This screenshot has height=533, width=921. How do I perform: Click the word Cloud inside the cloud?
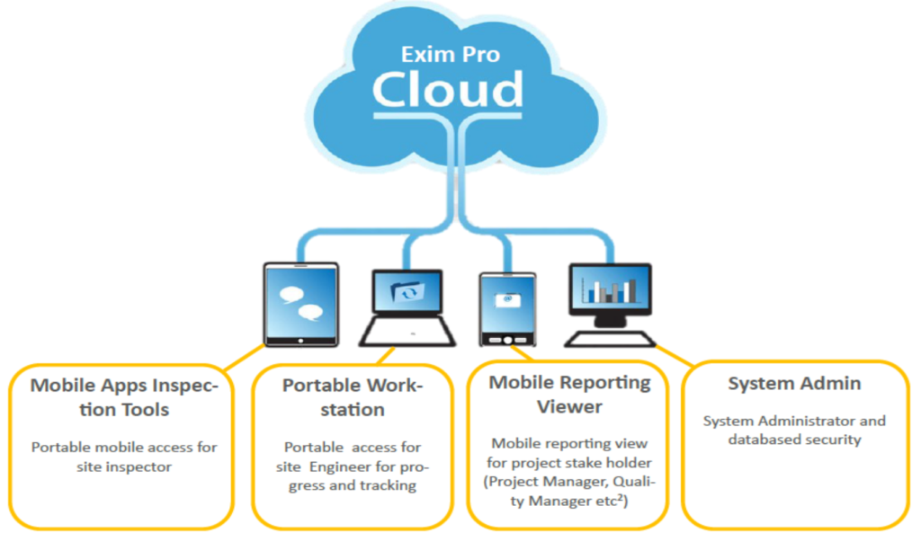[448, 88]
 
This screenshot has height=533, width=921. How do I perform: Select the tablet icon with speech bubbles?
[300, 304]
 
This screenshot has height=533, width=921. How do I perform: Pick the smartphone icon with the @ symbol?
[508, 308]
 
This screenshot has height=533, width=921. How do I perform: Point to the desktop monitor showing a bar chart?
[609, 297]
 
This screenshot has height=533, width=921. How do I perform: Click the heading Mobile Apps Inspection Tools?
[124, 397]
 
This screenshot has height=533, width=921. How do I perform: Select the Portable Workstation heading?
[352, 397]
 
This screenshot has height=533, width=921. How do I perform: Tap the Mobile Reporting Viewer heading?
[569, 394]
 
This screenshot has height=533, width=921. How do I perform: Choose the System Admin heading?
[794, 384]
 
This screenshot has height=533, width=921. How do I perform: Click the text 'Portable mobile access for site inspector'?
[124, 457]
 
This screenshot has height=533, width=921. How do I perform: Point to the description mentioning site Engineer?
[352, 466]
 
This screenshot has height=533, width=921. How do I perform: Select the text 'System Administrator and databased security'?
[794, 430]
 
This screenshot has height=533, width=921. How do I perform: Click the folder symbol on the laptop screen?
[407, 292]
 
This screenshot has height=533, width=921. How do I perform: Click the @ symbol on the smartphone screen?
[508, 298]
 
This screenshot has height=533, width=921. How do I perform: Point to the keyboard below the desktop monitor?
[612, 339]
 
